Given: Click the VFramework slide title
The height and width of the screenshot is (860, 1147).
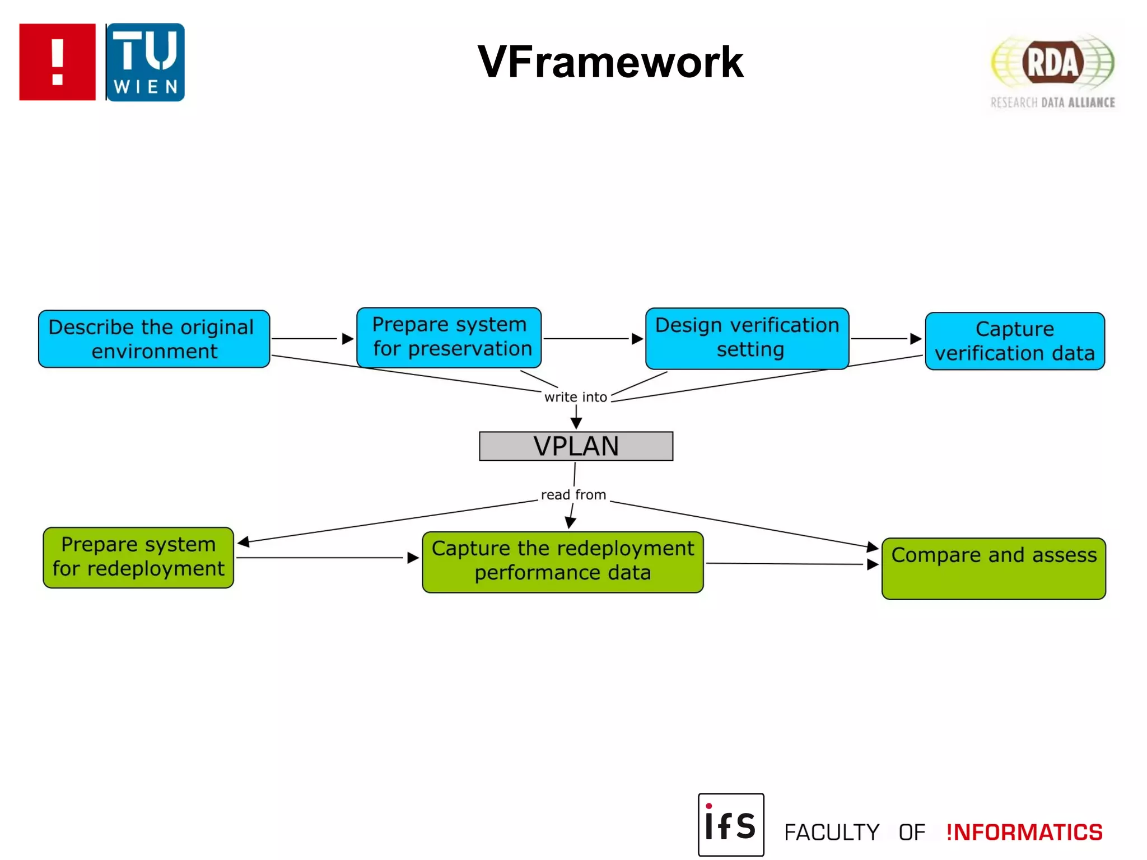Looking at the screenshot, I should pos(610,62).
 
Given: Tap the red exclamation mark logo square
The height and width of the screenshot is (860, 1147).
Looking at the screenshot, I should pos(57,62).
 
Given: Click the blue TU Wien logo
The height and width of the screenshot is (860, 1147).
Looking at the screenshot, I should pos(145,62).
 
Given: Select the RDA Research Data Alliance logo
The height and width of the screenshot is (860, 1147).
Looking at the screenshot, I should pos(1052,70).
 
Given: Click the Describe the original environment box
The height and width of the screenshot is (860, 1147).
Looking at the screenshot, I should pos(153,339).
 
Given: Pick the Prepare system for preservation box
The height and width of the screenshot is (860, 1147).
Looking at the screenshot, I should pos(449,337).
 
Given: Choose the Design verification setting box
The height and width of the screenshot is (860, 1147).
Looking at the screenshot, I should pos(747,338).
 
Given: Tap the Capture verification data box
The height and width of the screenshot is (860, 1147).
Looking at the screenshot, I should pos(1014,341).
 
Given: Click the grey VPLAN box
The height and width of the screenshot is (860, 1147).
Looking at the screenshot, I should pos(576,446).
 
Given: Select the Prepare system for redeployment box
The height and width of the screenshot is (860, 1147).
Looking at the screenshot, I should pos(138,557).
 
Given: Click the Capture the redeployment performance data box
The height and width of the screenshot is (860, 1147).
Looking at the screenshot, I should pos(562,562).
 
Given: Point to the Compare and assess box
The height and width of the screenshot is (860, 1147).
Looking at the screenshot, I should pos(994,568).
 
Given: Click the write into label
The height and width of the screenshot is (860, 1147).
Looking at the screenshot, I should pos(575,397).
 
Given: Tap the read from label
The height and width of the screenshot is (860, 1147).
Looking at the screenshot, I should pos(573,495).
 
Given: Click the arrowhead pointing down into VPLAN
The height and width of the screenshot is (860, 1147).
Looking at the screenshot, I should pos(576,423).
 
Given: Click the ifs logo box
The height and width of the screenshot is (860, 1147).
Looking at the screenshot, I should pos(730,824).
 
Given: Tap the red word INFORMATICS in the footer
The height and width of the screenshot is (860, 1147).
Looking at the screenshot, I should pos(1024,833).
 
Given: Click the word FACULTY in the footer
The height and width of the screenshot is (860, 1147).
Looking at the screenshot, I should pos(832,833).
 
